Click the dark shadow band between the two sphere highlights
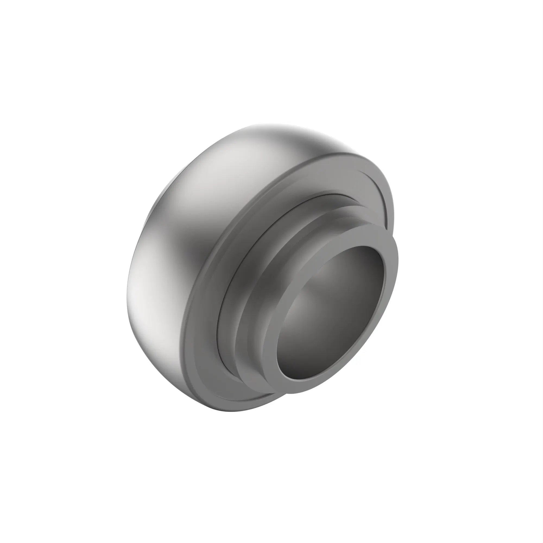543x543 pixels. (x=194, y=247)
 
